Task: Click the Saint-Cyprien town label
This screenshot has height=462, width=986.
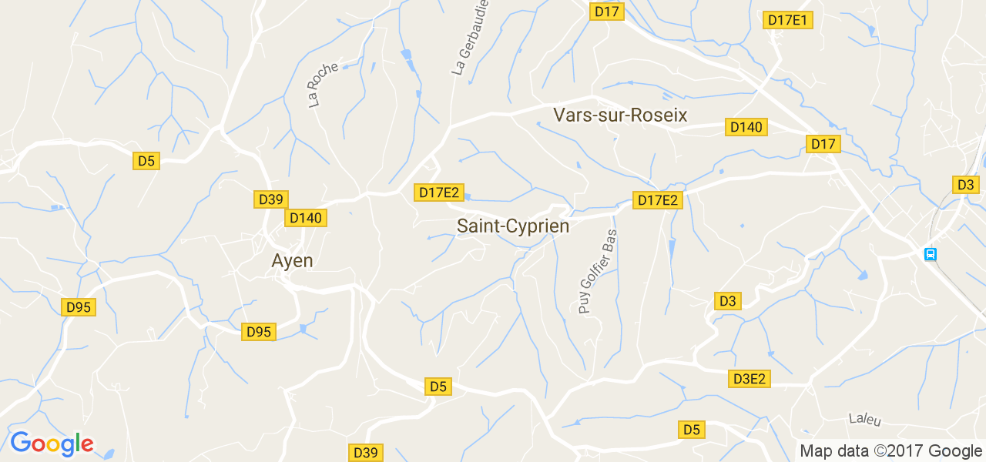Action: coord(513,226)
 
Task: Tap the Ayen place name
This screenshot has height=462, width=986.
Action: coord(293,261)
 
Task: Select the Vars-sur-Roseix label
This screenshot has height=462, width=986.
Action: coord(620,115)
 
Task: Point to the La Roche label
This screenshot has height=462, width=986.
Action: coord(323,85)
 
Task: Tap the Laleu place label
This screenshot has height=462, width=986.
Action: coord(864,420)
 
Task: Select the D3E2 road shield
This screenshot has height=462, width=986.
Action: coord(750,379)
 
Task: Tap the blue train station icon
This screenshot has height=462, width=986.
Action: coord(931,253)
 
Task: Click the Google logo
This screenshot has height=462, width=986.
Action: coord(52,444)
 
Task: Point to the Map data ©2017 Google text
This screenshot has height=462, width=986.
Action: coord(890,451)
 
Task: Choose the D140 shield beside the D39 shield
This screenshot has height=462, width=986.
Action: coord(306,219)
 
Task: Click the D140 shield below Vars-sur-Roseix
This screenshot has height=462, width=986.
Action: coord(746,127)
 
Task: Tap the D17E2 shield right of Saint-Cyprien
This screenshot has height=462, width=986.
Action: coord(658,200)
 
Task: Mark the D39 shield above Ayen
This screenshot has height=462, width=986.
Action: coord(271,199)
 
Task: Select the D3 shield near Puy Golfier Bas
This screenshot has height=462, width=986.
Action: coord(728,301)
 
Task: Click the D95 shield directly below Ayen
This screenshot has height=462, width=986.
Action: coord(259,332)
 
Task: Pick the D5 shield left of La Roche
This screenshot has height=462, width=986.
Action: coord(146,161)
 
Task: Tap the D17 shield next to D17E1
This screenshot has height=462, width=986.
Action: coord(608,12)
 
